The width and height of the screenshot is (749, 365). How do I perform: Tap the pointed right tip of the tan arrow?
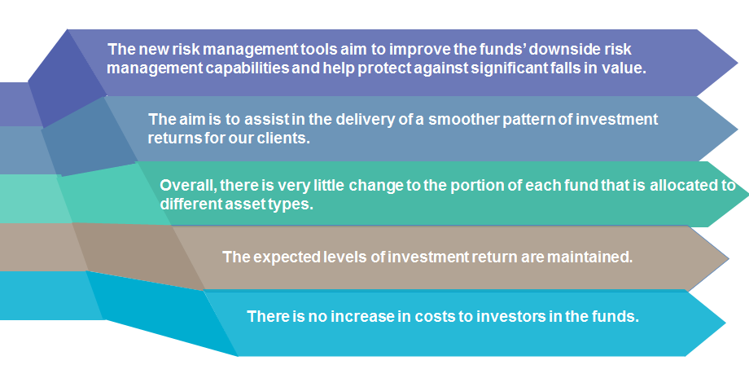tap(729, 259)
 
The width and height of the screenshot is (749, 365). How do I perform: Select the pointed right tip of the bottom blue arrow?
tap(726, 323)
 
